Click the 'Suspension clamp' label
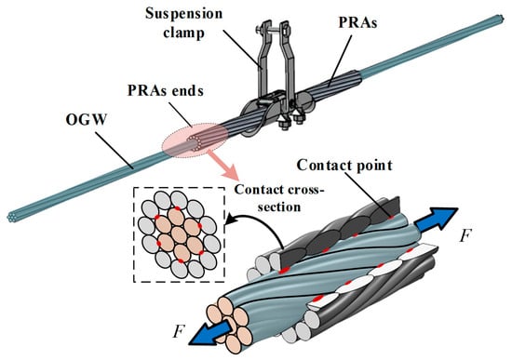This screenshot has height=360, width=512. tap(183, 23)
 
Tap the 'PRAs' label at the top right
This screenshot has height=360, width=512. tap(357, 22)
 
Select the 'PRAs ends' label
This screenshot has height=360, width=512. tap(165, 90)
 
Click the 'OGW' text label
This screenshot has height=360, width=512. tap(87, 119)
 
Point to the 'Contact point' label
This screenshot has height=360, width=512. tap(344, 165)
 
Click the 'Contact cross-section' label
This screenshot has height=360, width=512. tap(278, 198)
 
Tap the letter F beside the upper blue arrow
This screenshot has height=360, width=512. tap(465, 235)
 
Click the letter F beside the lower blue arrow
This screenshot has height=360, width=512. tap(180, 331)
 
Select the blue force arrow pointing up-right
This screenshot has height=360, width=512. tap(435, 220)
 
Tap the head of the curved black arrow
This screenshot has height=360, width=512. tap(230, 219)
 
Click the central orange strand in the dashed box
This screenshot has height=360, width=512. tap(179, 234)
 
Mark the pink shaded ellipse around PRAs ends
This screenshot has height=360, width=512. tap(195, 140)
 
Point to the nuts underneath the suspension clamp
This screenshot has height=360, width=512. tap(291, 123)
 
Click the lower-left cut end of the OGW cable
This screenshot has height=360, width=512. tap(12, 217)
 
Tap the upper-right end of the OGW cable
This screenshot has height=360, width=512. tap(500, 19)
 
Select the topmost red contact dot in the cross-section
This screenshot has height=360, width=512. tap(177, 208)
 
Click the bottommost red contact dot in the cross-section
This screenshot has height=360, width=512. tap(181, 260)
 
